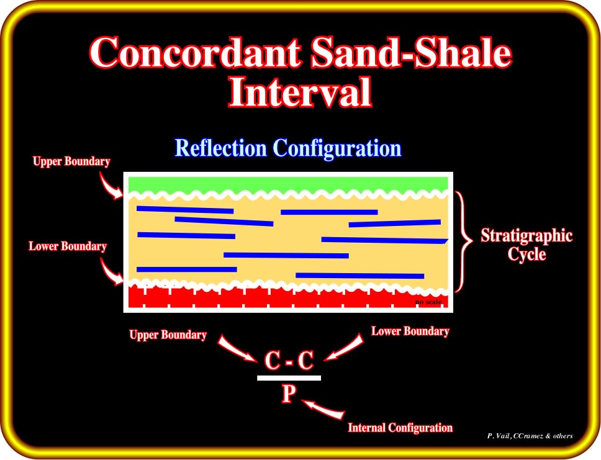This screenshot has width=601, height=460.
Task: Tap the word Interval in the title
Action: tap(300, 92)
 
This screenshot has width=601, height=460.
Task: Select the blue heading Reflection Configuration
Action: tap(288, 148)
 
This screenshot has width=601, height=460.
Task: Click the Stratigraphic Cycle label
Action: tap(526, 245)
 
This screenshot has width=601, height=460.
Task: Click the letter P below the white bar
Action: tap(289, 394)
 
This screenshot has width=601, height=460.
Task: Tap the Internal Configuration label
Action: tap(400, 428)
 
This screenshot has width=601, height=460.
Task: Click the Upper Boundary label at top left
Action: tap(71, 161)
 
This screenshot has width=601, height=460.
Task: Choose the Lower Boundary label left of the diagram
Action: tap(68, 246)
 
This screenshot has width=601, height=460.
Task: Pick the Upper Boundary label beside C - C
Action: tap(168, 335)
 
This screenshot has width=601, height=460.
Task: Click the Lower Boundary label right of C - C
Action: tap(410, 331)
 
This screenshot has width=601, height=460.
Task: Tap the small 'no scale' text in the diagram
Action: tap(428, 302)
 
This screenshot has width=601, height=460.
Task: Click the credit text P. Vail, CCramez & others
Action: tap(530, 436)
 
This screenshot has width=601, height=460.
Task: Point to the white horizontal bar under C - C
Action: tap(289, 378)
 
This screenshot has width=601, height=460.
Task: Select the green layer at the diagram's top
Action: tap(288, 184)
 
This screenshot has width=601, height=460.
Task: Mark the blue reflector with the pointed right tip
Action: tap(384, 240)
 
